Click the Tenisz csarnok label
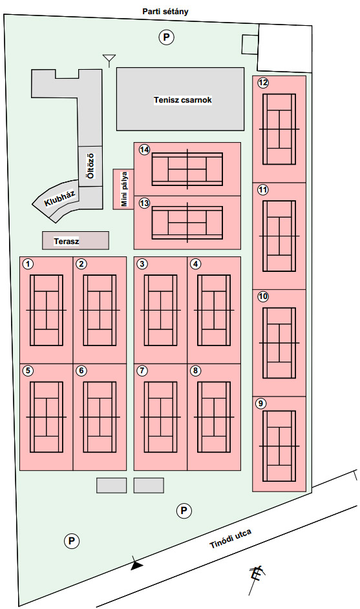click(x=182, y=100)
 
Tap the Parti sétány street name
click(x=165, y=11)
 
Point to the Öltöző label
click(x=90, y=166)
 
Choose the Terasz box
click(x=76, y=241)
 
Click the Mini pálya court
click(x=123, y=189)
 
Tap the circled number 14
click(x=145, y=150)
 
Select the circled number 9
click(x=261, y=404)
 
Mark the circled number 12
click(x=263, y=82)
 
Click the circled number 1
click(x=28, y=264)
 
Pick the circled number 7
click(x=142, y=371)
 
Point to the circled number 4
click(x=196, y=264)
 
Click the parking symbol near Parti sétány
click(x=166, y=37)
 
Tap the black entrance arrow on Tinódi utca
click(x=136, y=564)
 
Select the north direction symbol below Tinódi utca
click(x=256, y=578)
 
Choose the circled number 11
click(x=263, y=190)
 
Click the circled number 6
click(x=81, y=371)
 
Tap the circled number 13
click(x=145, y=203)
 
